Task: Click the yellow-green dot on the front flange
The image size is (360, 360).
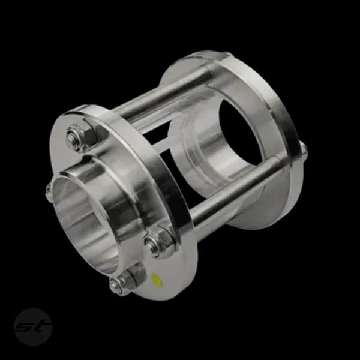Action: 157,280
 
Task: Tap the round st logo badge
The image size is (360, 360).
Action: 33,327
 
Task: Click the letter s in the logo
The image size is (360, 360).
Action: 25,327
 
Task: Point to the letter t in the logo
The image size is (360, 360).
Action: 43,326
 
